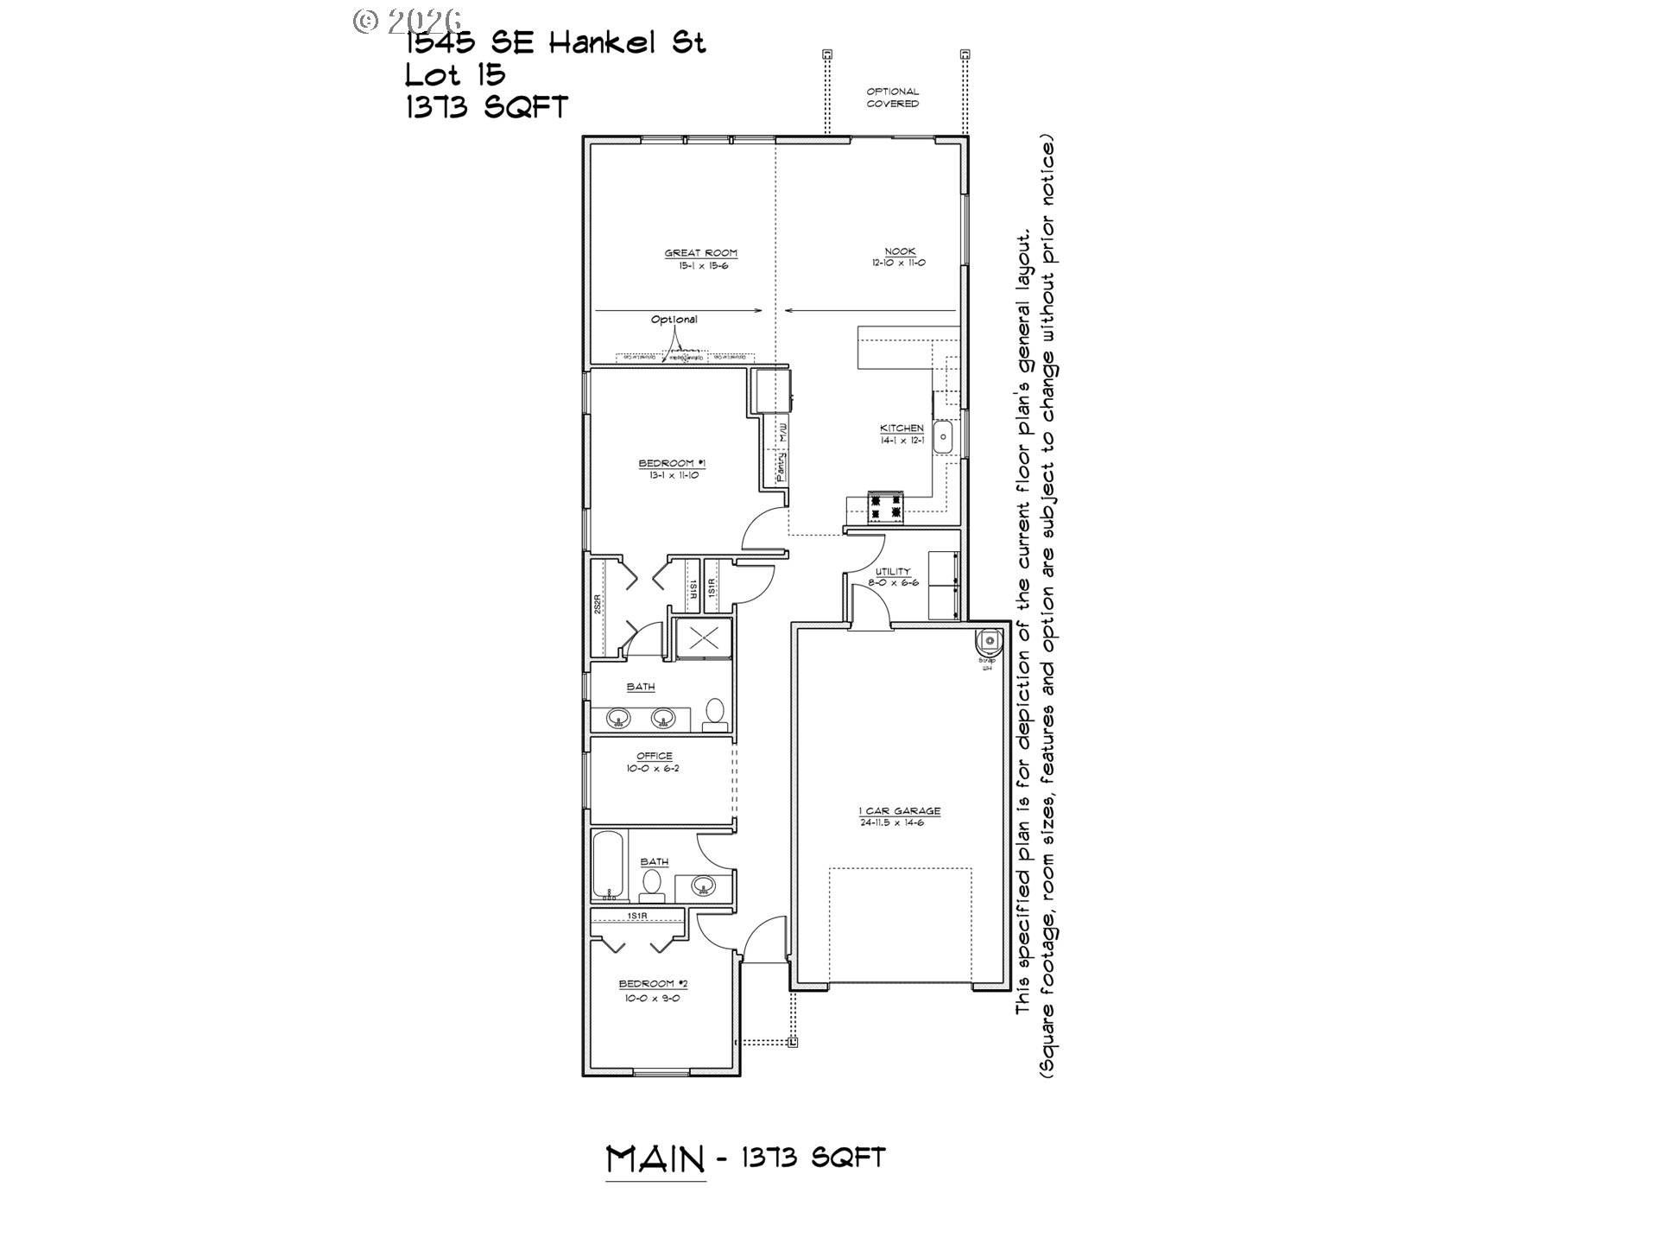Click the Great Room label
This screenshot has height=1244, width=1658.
[700, 253]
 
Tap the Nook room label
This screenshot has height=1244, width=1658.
[899, 251]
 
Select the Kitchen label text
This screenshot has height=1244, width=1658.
[902, 428]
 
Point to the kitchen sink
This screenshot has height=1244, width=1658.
[944, 436]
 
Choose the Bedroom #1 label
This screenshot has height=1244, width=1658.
[671, 464]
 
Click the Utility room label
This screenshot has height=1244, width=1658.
[893, 572]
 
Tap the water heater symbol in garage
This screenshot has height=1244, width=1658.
[989, 641]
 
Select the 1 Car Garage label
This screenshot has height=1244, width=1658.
[899, 811]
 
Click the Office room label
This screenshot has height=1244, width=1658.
[654, 757]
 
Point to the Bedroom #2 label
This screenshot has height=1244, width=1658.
[653, 984]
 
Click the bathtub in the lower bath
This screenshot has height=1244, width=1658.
[610, 865]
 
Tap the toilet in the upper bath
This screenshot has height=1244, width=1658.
[715, 714]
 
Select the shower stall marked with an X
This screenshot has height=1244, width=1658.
[703, 638]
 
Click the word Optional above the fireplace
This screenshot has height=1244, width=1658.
[674, 320]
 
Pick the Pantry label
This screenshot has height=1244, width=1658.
[781, 467]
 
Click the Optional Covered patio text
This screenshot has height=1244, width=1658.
[893, 98]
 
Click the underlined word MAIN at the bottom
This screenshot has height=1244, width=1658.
[655, 1159]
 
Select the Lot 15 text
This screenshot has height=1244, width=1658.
[455, 75]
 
